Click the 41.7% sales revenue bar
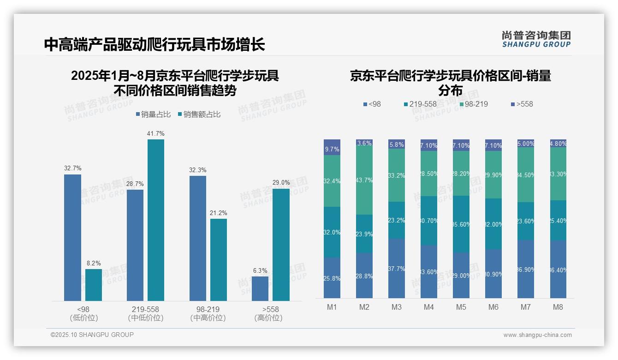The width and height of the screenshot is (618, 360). [x=156, y=220]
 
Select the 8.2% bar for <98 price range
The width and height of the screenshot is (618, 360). [x=94, y=285]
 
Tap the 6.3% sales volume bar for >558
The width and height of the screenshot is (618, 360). [x=260, y=288]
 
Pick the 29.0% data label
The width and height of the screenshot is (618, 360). [x=281, y=183]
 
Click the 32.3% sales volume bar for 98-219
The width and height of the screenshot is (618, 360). [x=198, y=238]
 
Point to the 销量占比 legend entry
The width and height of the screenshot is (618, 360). [x=153, y=114]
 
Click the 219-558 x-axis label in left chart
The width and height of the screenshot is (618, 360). [x=146, y=309]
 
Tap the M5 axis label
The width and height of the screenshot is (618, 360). [x=461, y=307]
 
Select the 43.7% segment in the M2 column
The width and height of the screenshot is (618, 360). [x=364, y=180]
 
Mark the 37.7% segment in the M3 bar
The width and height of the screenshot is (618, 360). [x=397, y=268]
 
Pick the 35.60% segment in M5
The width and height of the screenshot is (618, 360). [x=461, y=224]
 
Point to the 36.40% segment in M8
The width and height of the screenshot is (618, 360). [x=558, y=269]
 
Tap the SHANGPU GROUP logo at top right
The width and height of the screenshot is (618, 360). [x=536, y=39]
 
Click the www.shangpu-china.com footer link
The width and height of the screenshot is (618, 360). [x=537, y=335]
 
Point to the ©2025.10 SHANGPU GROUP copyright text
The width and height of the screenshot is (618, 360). [x=92, y=335]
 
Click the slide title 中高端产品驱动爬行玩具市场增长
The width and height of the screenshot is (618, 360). [x=154, y=45]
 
